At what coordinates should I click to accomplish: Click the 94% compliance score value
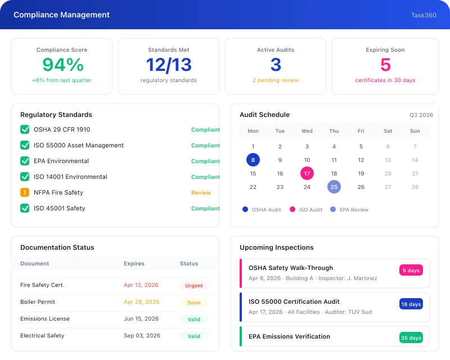62,65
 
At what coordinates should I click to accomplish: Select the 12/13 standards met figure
169,65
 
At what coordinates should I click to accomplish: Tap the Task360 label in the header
424,15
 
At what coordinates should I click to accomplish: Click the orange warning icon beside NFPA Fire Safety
25,192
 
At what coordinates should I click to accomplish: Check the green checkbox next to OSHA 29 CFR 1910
25,129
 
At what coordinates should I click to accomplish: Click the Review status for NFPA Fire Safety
201,192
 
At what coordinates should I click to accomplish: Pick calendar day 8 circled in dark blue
253,160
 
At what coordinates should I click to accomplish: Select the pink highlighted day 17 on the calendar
307,173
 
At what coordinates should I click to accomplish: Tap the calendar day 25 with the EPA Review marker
334,187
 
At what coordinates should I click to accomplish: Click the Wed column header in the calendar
307,131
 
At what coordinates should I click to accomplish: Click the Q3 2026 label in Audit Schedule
421,115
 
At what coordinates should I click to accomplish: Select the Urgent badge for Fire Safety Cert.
194,286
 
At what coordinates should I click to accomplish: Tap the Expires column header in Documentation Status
134,263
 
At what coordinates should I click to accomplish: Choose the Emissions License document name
45,319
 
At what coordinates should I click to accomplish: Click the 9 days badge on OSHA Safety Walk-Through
411,271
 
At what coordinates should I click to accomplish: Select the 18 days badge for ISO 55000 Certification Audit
411,304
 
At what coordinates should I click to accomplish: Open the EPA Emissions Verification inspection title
289,336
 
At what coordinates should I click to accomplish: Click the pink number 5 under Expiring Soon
385,65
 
